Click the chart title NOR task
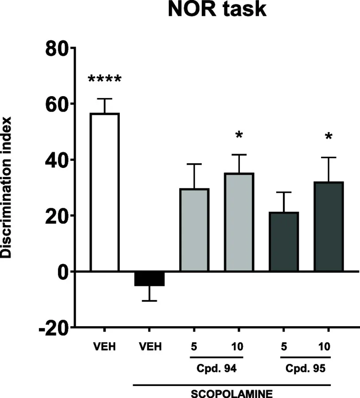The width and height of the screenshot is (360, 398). coord(217,10)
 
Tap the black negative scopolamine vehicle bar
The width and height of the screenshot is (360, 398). coord(149,279)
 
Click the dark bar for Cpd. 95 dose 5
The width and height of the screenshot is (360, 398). coord(284,242)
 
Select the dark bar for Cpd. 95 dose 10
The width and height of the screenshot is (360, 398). coord(329,226)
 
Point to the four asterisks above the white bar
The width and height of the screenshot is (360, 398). coord(104,80)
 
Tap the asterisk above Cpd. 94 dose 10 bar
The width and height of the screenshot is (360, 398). coord(239,135)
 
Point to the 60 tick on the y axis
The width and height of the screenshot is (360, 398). coord(56,104)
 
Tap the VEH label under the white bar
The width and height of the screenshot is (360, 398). coord(104,346)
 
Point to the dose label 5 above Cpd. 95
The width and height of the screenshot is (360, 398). coord(284,346)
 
